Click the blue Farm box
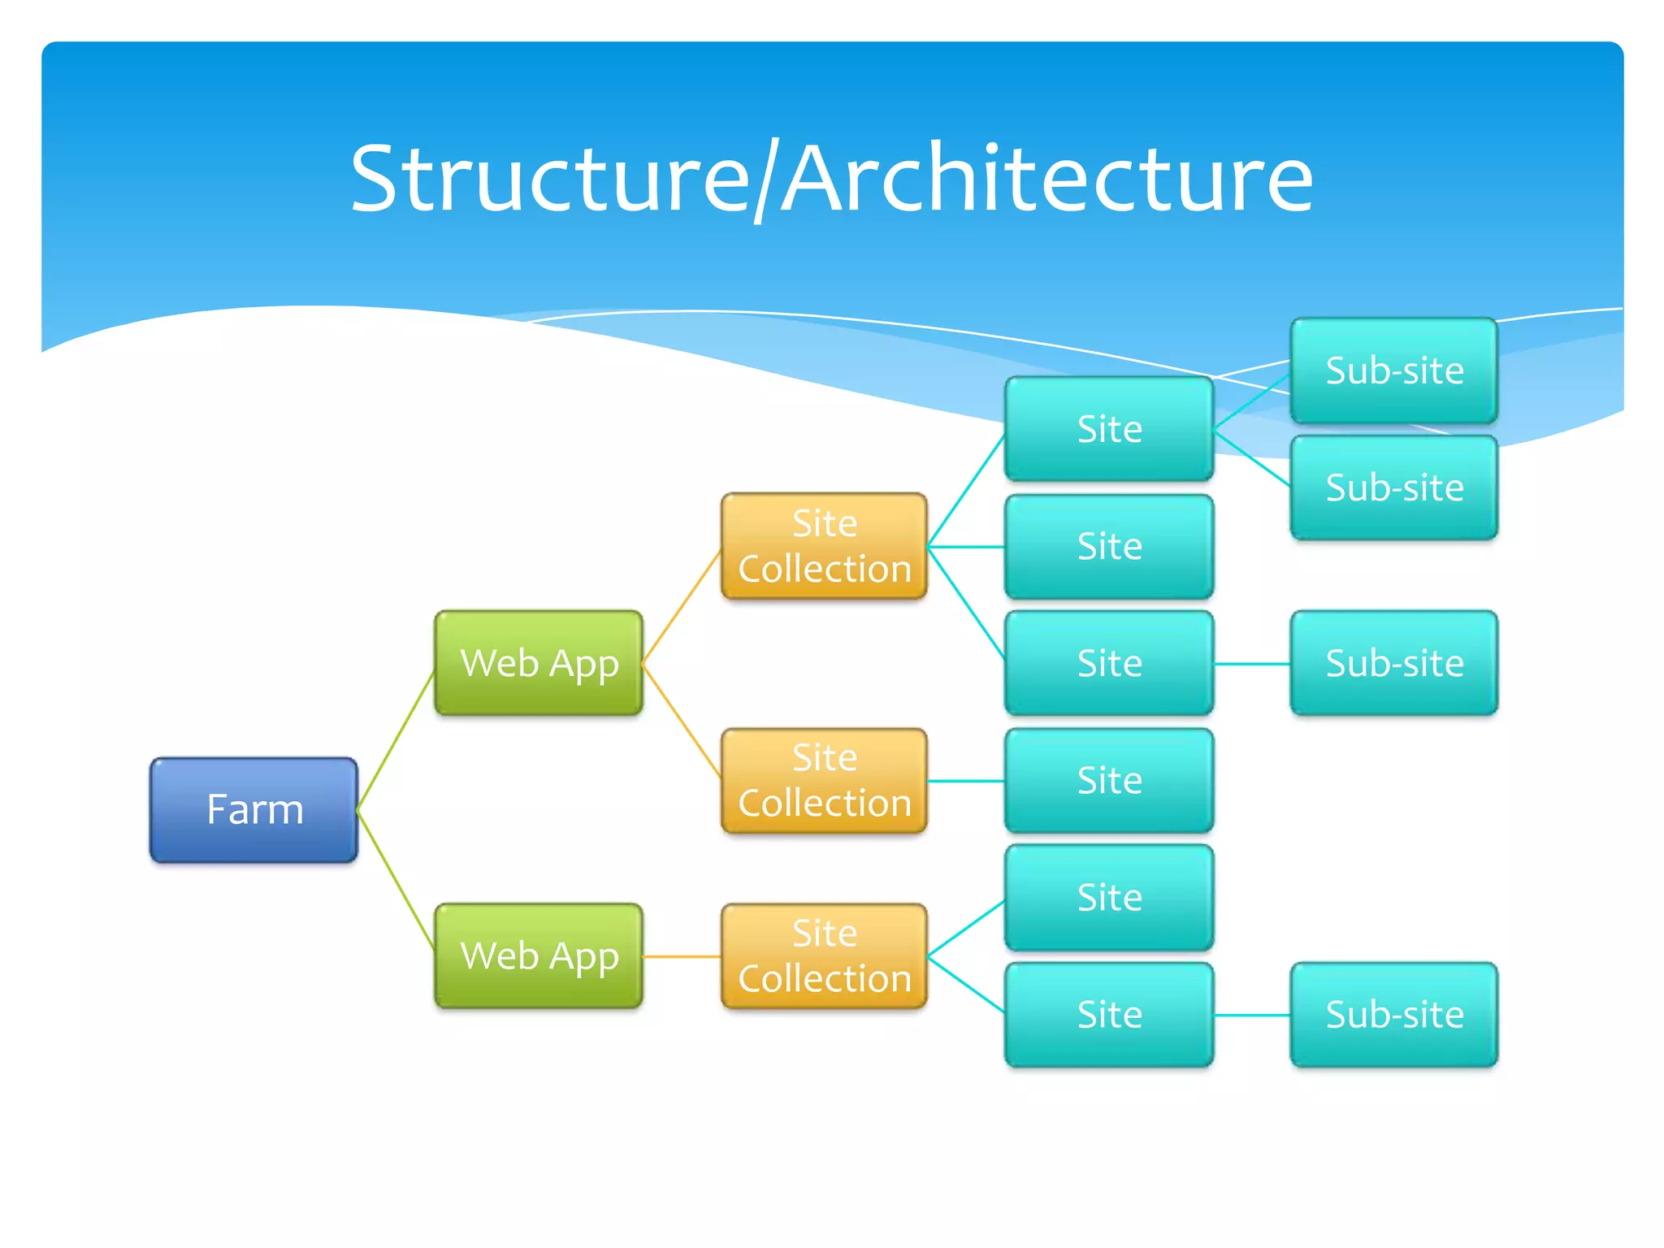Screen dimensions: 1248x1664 coord(253,810)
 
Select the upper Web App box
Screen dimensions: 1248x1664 coord(539,663)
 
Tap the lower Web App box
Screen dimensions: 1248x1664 coord(539,955)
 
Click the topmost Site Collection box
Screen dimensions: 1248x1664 coord(824,546)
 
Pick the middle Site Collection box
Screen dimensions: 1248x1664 coord(824,780)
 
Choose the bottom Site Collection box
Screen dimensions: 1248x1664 coord(824,955)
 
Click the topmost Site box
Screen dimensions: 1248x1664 coord(1109,428)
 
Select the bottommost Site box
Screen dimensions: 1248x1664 coord(1109,1014)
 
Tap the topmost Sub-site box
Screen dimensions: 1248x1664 coord(1394,370)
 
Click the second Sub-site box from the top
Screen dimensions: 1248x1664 coord(1394,487)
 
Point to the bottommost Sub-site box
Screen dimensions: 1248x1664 coord(1394,1014)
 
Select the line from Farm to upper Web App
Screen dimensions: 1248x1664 coord(396,739)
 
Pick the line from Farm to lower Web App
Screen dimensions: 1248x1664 coord(396,881)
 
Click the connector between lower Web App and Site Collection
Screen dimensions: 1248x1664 coord(682,956)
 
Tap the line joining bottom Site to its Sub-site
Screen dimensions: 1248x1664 coord(1252,1015)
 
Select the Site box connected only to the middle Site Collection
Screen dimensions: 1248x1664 coord(1109,780)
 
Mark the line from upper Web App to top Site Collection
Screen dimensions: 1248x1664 coord(682,606)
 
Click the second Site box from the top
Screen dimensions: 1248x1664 coord(1109,546)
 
